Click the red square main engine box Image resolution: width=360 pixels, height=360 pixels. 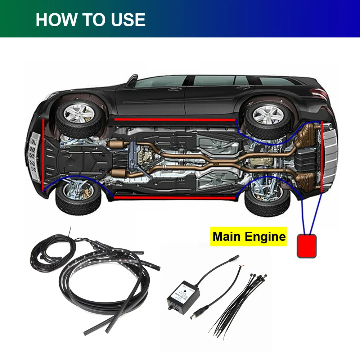click(307, 246)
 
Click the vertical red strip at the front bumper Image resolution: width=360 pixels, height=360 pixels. click(44, 155)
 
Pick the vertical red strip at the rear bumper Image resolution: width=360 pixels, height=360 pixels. click(321, 157)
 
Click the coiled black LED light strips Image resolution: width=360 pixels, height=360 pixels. click(97, 274)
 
